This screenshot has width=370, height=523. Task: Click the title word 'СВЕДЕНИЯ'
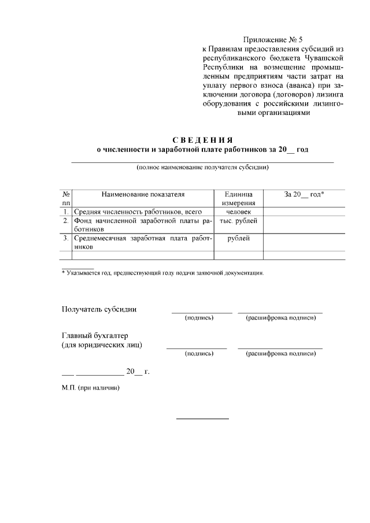tap(202, 140)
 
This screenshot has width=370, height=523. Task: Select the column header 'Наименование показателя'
tap(143, 195)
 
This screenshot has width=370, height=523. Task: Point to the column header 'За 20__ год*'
tap(304, 195)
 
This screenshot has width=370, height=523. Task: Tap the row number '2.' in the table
tap(66, 221)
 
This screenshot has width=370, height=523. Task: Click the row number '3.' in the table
tap(66, 238)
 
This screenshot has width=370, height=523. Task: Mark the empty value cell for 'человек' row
tap(304, 212)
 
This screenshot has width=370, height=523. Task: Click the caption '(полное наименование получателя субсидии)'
tap(202, 168)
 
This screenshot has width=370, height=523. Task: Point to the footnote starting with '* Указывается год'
tap(162, 273)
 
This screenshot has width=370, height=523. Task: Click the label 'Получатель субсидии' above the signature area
tap(99, 309)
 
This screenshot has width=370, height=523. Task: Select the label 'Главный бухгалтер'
tap(95, 336)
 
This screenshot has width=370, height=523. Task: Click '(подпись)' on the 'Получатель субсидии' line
tap(199, 318)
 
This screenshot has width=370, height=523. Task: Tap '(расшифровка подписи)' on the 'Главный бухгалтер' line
tap(280, 353)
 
